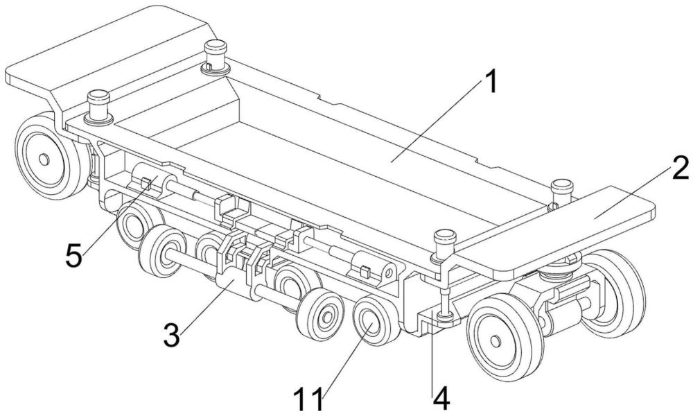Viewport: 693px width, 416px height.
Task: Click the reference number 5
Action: [x=74, y=256]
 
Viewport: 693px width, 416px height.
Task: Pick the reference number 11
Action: [x=309, y=399]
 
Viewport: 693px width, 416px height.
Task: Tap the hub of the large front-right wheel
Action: [x=496, y=341]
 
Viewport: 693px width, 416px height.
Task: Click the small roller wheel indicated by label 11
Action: [x=374, y=322]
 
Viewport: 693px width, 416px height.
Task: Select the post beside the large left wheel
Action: [x=98, y=106]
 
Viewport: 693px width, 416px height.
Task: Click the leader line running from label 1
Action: [x=437, y=123]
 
